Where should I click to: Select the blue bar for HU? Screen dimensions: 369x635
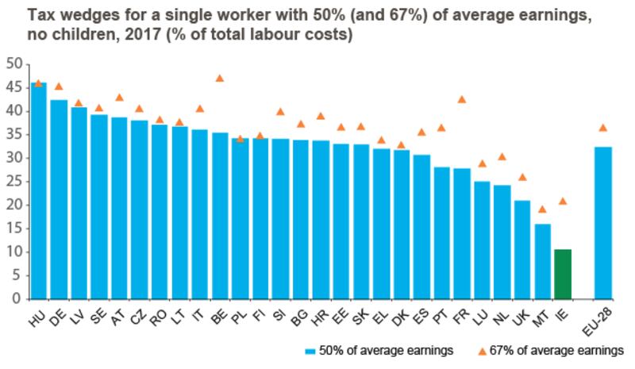point(38,190)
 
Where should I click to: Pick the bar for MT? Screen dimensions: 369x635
point(541,261)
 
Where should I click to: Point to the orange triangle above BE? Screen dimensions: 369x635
point(220,78)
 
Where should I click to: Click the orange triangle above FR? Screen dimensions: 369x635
point(461,99)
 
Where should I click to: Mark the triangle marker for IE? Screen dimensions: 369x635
point(562,201)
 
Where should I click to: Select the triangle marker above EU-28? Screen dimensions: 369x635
point(602,127)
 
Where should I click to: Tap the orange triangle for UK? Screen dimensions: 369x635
point(521,177)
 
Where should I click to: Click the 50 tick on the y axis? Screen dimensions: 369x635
point(13,63)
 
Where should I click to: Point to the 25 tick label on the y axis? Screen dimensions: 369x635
point(13,182)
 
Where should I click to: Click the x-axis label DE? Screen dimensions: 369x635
point(57,317)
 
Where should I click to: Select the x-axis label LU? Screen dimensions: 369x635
point(479,317)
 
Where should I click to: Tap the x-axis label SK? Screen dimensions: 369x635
point(359,317)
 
